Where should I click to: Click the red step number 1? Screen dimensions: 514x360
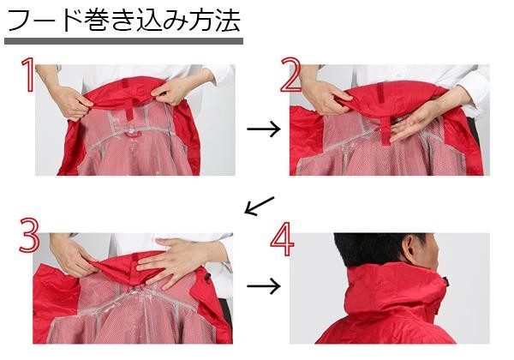[x=28, y=75]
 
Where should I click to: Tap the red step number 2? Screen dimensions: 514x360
[x=290, y=75]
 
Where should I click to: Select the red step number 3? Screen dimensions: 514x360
[x=29, y=235]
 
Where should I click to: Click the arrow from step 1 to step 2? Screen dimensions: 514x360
[x=264, y=129]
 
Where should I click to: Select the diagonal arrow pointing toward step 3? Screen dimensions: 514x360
[x=259, y=206]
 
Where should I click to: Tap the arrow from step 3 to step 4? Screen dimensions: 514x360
[x=264, y=286]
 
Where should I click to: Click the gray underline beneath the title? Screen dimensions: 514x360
[x=123, y=41]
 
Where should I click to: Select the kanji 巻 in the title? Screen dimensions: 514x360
[x=98, y=21]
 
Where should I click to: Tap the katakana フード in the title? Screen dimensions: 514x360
[x=45, y=21]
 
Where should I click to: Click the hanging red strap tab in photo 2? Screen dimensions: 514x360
[x=385, y=131]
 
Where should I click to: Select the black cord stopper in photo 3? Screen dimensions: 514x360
[x=206, y=279]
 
